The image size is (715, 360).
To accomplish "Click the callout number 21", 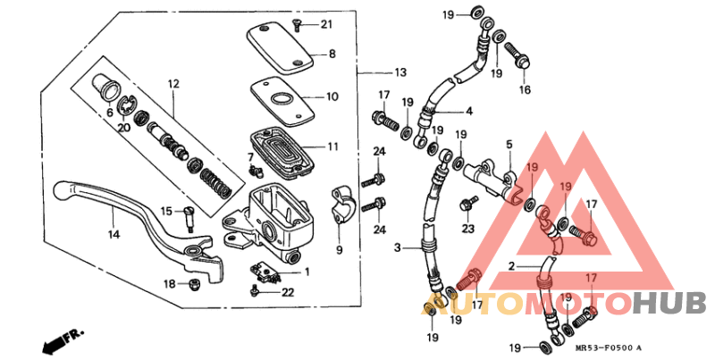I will pyautogui.click(x=325, y=24).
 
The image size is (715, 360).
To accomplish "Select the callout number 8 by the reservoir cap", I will pyautogui.click(x=332, y=54).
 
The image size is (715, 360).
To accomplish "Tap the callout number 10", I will pyautogui.click(x=332, y=96).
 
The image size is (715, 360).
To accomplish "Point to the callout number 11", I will pyautogui.click(x=332, y=147).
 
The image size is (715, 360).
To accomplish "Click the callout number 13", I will pyautogui.click(x=399, y=72).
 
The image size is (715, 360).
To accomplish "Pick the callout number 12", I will pyautogui.click(x=173, y=84).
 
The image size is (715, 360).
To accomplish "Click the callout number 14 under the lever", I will pyautogui.click(x=114, y=235).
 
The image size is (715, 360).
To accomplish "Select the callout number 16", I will pyautogui.click(x=524, y=89).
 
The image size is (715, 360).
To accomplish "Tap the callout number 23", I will pyautogui.click(x=467, y=228).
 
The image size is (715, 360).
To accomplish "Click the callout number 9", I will pyautogui.click(x=339, y=250).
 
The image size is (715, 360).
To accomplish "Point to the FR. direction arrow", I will pyautogui.click(x=61, y=340).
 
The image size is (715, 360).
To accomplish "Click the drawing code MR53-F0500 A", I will pyautogui.click(x=615, y=348).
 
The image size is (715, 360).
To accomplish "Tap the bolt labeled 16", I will pyautogui.click(x=520, y=59).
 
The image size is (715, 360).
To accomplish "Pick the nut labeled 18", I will pyautogui.click(x=191, y=285).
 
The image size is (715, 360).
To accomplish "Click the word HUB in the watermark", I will pyautogui.click(x=669, y=303).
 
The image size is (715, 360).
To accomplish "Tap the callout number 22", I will pyautogui.click(x=287, y=292).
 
